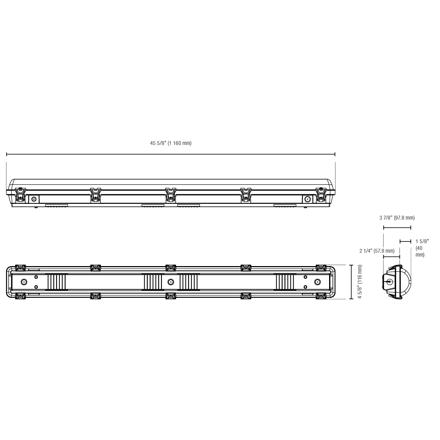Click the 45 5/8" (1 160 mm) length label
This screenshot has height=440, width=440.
pyautogui.click(x=171, y=143)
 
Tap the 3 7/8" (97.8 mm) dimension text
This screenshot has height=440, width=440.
pyautogui.click(x=397, y=218)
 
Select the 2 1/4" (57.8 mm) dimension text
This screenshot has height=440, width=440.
pyautogui.click(x=377, y=251)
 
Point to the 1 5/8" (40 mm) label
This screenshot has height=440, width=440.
pyautogui.click(x=422, y=248)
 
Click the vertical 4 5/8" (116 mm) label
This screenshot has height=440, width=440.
pyautogui.click(x=360, y=282)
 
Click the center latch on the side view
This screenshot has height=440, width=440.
pyautogui.click(x=171, y=195)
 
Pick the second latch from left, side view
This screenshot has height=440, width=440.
pyautogui.click(x=95, y=195)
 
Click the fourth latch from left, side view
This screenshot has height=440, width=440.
pyautogui.click(x=246, y=195)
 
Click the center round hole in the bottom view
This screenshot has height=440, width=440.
pyautogui.click(x=171, y=282)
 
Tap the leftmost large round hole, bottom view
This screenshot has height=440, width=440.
pyautogui.click(x=24, y=282)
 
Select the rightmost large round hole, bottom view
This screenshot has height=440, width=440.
pyautogui.click(x=318, y=282)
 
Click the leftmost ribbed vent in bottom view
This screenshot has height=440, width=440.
pyautogui.click(x=57, y=282)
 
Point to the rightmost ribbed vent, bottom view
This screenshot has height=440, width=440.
pyautogui.click(x=285, y=282)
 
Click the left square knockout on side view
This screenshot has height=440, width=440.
pyautogui.click(x=34, y=199)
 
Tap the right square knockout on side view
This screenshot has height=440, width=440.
pyautogui.click(x=307, y=199)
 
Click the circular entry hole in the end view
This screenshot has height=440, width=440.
pyautogui.click(x=389, y=282)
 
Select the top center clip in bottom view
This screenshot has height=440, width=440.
pyautogui.click(x=171, y=268)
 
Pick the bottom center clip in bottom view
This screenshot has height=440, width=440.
pyautogui.click(x=171, y=296)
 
